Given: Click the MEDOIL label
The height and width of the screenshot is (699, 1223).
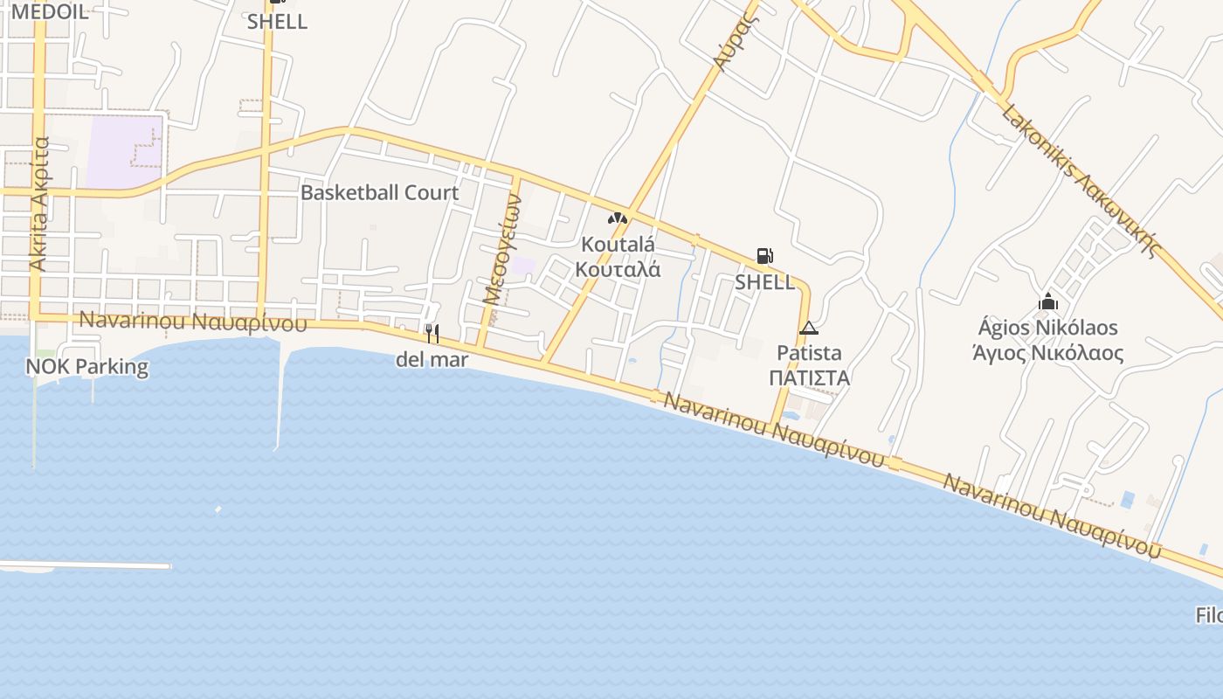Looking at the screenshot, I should (x=50, y=11).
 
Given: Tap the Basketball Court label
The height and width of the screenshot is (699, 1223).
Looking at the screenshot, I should (x=379, y=193).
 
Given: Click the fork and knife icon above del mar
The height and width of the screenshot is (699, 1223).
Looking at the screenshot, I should (x=432, y=333).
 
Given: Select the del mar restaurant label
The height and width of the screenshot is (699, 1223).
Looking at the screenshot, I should (x=432, y=359).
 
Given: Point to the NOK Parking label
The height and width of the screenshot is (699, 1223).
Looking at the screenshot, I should (x=87, y=366).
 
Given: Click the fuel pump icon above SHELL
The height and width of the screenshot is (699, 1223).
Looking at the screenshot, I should (x=764, y=256).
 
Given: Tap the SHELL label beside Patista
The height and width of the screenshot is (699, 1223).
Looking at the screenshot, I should (x=764, y=282).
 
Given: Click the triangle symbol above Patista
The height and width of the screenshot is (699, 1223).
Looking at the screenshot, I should (x=808, y=329).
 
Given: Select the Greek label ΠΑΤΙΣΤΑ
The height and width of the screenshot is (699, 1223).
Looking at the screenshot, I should (x=809, y=378).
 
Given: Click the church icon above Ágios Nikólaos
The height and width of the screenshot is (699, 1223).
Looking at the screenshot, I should (x=1047, y=301).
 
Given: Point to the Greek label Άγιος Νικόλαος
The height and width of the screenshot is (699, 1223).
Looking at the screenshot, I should (x=1047, y=353).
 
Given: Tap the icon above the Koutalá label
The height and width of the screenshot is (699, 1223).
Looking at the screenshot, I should (x=618, y=218).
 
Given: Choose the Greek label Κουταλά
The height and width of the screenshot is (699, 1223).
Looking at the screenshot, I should (x=618, y=269).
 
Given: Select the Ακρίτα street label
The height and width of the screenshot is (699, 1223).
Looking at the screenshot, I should (x=39, y=204).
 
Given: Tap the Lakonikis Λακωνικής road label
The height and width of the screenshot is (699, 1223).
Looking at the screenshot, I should (x=1080, y=181).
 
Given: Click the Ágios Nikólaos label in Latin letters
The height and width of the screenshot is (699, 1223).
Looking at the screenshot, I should (x=1047, y=328).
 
